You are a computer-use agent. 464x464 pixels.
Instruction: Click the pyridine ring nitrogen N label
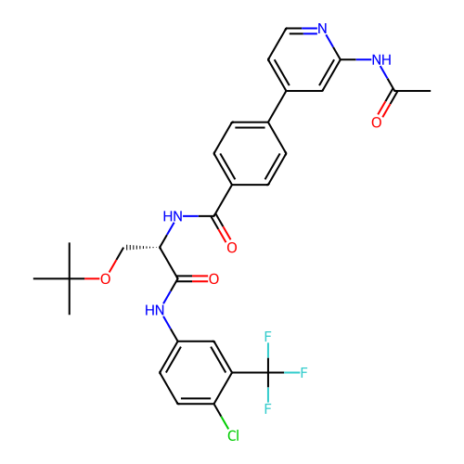click(322, 29)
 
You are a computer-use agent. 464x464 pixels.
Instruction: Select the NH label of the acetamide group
click(381, 59)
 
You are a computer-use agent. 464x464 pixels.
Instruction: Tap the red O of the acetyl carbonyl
click(376, 122)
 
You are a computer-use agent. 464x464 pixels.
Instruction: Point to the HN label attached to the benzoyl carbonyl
click(173, 216)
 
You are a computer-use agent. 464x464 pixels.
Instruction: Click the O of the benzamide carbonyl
click(232, 248)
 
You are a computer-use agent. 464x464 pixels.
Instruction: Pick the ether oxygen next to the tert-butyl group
click(106, 279)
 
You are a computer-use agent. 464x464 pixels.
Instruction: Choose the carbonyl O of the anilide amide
click(213, 279)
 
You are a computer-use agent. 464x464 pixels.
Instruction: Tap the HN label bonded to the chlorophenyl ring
click(155, 310)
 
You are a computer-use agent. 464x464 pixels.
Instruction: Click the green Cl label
click(233, 435)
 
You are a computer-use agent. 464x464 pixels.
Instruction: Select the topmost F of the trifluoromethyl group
click(268, 337)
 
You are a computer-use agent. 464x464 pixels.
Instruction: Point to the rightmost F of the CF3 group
click(303, 373)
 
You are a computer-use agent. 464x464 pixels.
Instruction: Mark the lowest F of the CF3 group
click(268, 408)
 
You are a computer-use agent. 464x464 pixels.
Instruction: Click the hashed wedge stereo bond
click(141, 248)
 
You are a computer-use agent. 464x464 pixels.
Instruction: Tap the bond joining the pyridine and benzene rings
click(277, 107)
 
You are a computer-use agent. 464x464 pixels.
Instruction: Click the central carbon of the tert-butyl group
click(70, 278)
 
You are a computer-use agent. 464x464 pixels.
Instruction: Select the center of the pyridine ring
click(304, 59)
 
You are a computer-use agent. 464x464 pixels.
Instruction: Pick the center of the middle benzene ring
click(250, 154)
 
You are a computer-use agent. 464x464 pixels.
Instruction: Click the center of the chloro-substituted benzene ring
click(196, 372)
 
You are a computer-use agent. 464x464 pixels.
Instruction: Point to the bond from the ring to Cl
click(221, 416)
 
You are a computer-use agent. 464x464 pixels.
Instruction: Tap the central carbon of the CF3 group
click(268, 372)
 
